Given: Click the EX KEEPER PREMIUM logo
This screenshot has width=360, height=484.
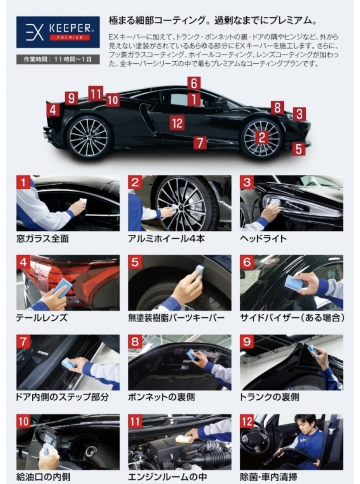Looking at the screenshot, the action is (58, 32).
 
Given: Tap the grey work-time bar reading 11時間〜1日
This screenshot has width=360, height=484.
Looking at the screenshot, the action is (58, 60).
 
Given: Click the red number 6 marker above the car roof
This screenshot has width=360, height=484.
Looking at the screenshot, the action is (194, 83).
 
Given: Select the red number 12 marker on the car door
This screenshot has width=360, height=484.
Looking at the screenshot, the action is (177, 123).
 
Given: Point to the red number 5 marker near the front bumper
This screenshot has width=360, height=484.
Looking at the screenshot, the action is (299, 148).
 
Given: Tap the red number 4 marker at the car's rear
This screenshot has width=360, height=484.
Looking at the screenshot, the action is (53, 110).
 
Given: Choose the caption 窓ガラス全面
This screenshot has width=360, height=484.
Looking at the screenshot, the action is (43, 238).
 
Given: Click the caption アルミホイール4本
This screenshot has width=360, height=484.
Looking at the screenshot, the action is (166, 238).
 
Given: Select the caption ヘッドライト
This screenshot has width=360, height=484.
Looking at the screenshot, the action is (263, 238).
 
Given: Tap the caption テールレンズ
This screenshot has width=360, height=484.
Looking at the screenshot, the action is (42, 318).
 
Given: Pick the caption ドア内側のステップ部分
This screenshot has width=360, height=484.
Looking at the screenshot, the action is (62, 397).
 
